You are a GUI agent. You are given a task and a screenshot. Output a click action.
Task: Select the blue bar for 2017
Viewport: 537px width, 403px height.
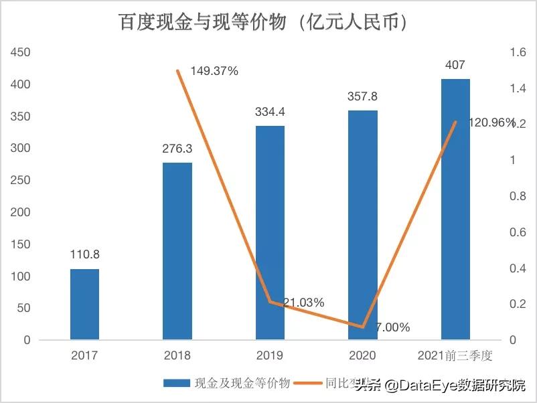point(84,305)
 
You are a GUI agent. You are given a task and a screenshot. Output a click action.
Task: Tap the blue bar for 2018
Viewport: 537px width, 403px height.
point(177,251)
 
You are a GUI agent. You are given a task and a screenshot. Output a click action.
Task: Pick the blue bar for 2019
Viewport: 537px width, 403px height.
point(270,232)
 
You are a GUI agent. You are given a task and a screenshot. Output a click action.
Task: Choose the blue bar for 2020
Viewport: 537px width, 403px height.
point(362,225)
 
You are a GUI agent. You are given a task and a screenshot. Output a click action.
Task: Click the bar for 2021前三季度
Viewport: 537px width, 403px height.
point(455,209)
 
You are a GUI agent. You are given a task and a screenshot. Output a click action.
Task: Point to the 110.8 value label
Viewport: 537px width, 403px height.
point(84,255)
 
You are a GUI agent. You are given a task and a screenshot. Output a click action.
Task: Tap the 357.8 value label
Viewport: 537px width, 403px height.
point(362,96)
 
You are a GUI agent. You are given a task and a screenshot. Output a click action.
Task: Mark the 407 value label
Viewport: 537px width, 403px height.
point(455,65)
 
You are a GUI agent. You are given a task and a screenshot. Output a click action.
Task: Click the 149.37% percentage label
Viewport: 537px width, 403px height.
point(214,71)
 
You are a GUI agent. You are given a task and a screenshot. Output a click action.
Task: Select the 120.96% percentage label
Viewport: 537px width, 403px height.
point(492,123)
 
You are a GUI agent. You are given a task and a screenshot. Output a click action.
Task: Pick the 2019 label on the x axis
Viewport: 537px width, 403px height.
point(270,355)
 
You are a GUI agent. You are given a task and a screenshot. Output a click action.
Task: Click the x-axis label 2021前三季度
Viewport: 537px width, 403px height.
point(455,355)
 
